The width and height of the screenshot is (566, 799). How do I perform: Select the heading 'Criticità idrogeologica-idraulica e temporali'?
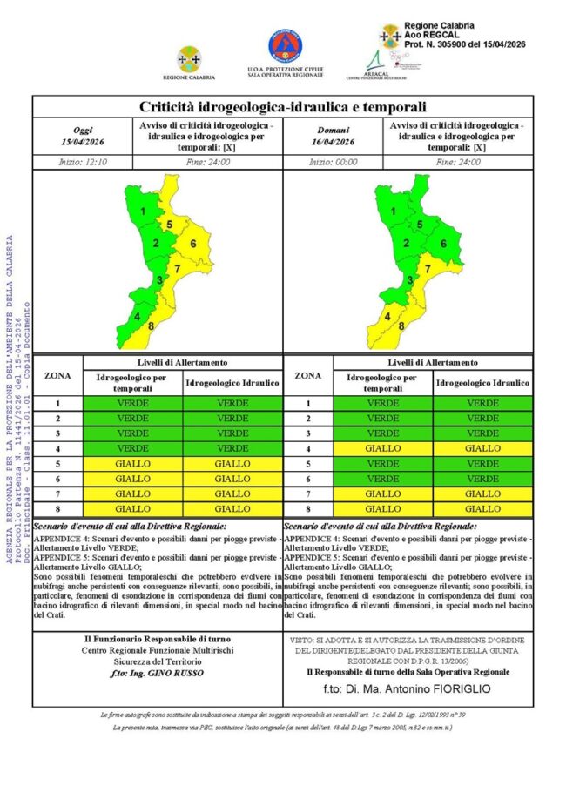pyautogui.click(x=283, y=107)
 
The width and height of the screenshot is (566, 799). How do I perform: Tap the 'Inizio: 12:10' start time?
pyautogui.click(x=84, y=162)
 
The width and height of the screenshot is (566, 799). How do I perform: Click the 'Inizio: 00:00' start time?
pyautogui.click(x=334, y=162)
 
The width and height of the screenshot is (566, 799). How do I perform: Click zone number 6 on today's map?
pyautogui.click(x=192, y=244)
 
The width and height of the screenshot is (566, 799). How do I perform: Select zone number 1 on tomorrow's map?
pyautogui.click(x=398, y=211)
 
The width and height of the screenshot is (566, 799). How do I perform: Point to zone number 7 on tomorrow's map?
pyautogui.click(x=426, y=269)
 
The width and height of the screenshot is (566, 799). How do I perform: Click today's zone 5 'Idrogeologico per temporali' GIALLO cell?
pyautogui.click(x=133, y=464)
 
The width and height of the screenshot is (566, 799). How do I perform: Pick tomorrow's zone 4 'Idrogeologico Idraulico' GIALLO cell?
pyautogui.click(x=482, y=448)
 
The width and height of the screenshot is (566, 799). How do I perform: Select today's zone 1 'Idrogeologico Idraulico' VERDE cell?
pyautogui.click(x=232, y=404)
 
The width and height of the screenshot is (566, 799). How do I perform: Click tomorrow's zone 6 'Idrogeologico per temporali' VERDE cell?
pyautogui.click(x=383, y=479)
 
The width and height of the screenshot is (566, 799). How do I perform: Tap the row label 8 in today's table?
pyautogui.click(x=58, y=508)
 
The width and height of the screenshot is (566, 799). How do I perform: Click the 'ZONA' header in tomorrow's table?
pyautogui.click(x=308, y=375)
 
